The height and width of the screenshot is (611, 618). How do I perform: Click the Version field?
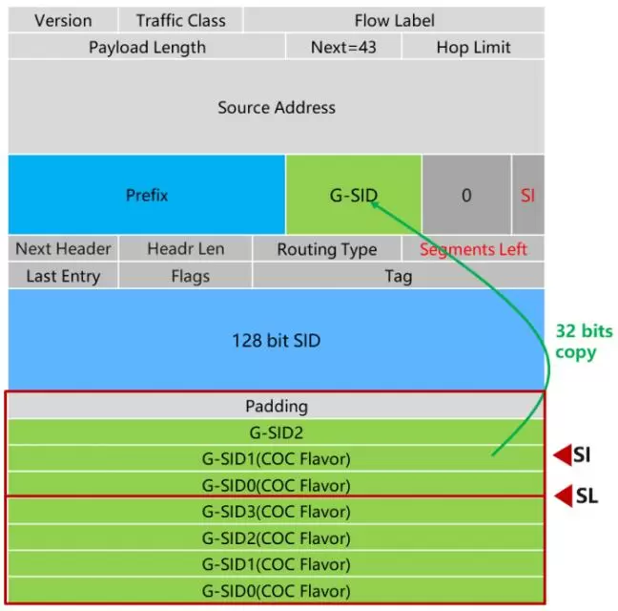pyautogui.click(x=63, y=20)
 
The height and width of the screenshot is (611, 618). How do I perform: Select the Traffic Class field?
pyautogui.click(x=180, y=20)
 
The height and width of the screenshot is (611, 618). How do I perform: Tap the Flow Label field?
pyautogui.click(x=393, y=20)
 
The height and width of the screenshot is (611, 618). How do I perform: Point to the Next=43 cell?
pyautogui.click(x=343, y=47)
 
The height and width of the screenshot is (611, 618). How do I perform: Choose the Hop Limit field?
pyautogui.click(x=473, y=47)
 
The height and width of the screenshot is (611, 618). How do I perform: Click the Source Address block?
pyautogui.click(x=277, y=107)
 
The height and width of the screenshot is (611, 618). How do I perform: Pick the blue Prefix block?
pyautogui.click(x=147, y=195)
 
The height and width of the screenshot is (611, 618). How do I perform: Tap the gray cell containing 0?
pyautogui.click(x=466, y=195)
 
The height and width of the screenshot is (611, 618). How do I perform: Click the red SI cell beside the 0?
pyautogui.click(x=528, y=195)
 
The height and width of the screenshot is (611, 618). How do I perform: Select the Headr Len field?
pyautogui.click(x=186, y=249)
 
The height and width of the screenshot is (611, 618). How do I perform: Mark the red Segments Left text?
pyautogui.click(x=473, y=249)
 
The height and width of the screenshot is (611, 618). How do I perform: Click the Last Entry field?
pyautogui.click(x=63, y=276)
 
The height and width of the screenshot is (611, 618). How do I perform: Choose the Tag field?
pyautogui.click(x=399, y=276)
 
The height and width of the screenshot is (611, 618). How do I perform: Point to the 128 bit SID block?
pyautogui.click(x=277, y=340)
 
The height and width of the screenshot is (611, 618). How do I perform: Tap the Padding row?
pyautogui.click(x=277, y=406)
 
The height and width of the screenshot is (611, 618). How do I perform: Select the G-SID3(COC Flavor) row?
pyautogui.click(x=277, y=511)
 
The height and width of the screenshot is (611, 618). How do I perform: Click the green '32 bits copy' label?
pyautogui.click(x=583, y=342)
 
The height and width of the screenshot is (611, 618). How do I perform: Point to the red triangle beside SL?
pyautogui.click(x=563, y=495)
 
